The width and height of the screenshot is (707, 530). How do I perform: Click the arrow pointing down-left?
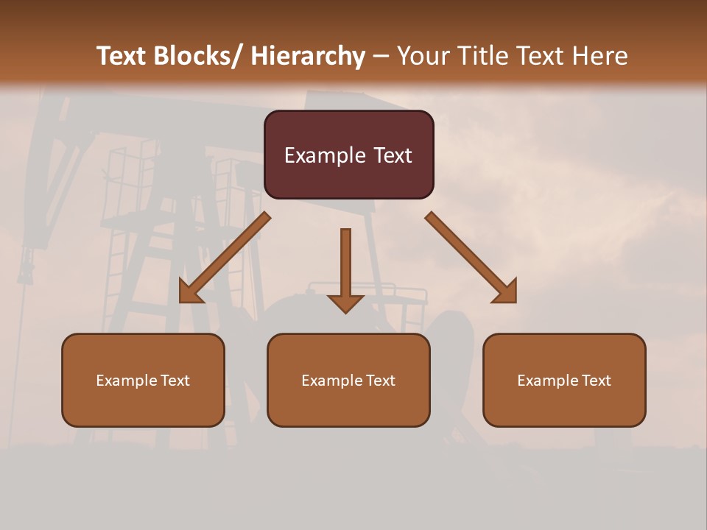click(x=225, y=258)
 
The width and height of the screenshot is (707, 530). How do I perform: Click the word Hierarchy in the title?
click(x=308, y=57)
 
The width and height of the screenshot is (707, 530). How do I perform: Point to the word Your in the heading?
click(x=423, y=57)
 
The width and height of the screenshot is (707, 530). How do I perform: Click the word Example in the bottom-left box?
click(x=126, y=381)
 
